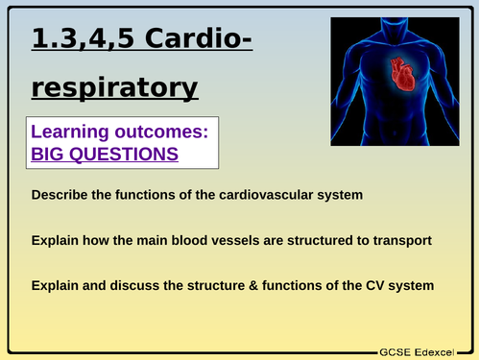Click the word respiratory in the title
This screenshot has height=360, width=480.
click(x=114, y=87)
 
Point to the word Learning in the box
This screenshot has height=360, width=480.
click(x=72, y=132)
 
